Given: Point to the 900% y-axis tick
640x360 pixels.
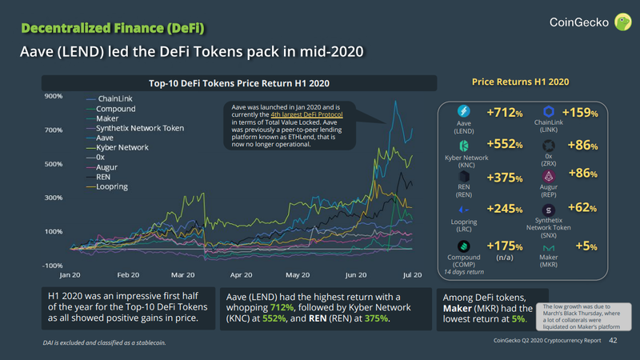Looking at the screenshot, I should (x=53, y=97).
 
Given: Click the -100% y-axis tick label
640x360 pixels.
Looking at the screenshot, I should (x=52, y=265).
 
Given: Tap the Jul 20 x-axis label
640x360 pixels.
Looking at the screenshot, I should (x=412, y=274).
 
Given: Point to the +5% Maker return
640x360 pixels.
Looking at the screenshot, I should (x=585, y=247).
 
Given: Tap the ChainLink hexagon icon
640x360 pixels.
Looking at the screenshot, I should (x=549, y=111).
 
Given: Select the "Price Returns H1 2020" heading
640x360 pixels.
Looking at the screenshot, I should (x=520, y=82).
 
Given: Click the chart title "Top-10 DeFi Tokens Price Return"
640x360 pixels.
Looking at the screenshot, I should (x=239, y=83).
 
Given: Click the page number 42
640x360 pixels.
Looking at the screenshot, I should (x=614, y=341).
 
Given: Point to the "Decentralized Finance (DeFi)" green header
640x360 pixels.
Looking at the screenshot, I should (x=113, y=29).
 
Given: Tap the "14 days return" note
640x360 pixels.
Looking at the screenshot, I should (x=462, y=272).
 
